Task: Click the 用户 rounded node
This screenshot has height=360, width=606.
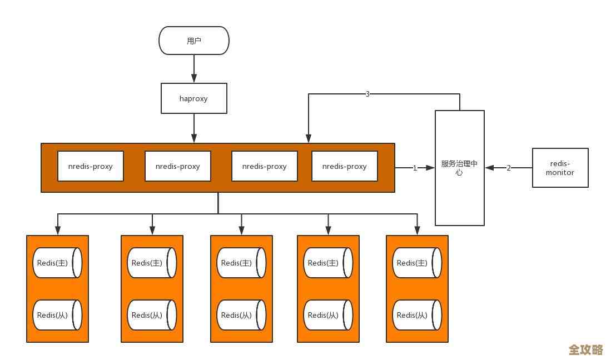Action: point(194,41)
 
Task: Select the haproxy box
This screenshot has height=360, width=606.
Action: point(194,98)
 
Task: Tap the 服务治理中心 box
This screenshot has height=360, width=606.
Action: point(459,168)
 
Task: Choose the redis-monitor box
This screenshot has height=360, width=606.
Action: point(560,168)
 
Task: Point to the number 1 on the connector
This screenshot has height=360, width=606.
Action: point(415,168)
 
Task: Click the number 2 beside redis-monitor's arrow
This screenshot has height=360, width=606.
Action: point(508,168)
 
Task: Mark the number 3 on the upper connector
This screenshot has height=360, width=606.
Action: point(367,94)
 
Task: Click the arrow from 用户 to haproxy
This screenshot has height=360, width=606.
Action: point(194,69)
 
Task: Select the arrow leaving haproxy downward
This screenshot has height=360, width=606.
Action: point(194,128)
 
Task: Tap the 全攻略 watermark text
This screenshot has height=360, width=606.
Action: point(585,349)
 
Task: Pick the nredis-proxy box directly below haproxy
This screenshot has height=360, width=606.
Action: point(178,166)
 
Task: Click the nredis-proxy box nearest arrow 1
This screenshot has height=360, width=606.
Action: point(345,166)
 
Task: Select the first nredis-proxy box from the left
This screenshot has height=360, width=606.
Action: point(91,166)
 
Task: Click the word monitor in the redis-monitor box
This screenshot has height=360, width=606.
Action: point(560,172)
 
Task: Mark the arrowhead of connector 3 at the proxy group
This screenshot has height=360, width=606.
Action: point(309,139)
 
